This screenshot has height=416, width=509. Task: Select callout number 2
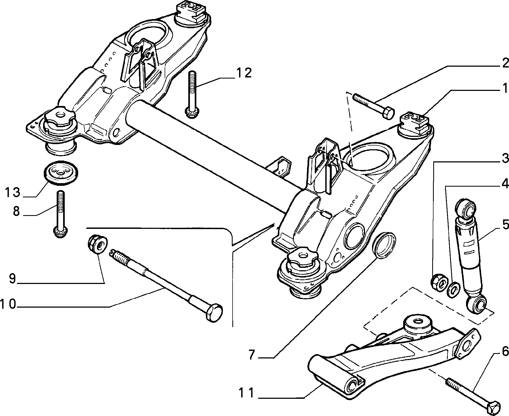505,63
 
